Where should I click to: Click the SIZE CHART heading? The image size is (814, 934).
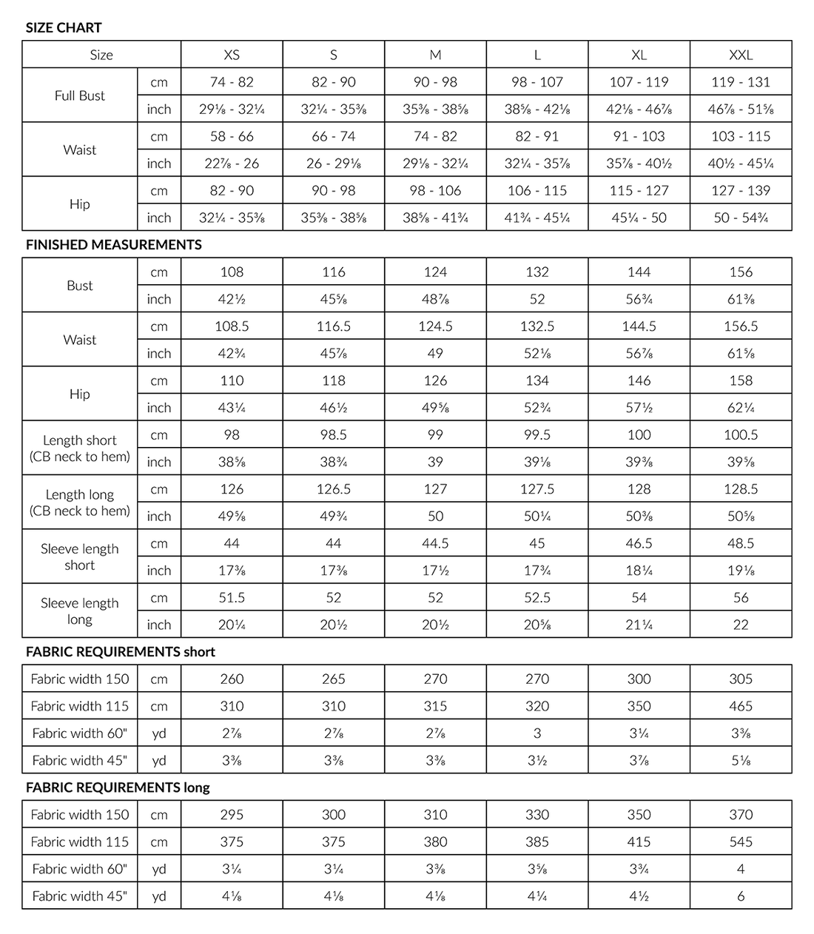[x=64, y=28]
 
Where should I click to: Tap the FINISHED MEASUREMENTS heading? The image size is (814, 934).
[x=113, y=245]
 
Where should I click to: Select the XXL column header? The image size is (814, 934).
[x=741, y=55]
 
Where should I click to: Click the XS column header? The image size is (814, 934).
[x=232, y=55]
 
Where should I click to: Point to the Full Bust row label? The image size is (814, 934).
[x=80, y=95]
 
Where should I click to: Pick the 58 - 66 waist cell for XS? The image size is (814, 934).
[x=232, y=136]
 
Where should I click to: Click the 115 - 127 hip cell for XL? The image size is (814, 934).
[x=639, y=190]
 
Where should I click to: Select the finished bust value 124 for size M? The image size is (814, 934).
[x=435, y=272]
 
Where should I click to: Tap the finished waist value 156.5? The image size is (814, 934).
[x=741, y=326]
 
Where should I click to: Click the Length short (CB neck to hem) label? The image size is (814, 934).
[x=80, y=448]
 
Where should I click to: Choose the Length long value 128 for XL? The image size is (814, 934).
[x=639, y=489]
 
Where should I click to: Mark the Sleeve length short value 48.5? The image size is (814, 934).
[x=741, y=543]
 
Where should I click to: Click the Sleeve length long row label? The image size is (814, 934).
[x=80, y=611]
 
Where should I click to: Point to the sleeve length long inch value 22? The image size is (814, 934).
[x=741, y=625]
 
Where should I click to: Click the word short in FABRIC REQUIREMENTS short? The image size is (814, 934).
[x=199, y=652]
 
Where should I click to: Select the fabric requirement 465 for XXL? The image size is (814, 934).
[x=741, y=706]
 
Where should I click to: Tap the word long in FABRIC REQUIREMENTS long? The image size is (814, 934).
[x=196, y=787]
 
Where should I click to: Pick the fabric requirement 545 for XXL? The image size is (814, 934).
[x=741, y=841]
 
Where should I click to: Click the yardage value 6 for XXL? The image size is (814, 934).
[x=741, y=896]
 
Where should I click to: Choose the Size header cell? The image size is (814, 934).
[x=101, y=55]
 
